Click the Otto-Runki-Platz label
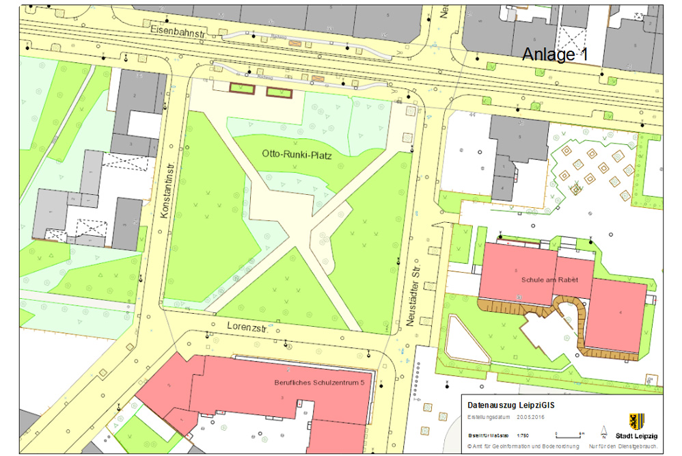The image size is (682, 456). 297,156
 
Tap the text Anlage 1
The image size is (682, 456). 555,55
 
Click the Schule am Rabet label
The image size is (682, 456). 549,280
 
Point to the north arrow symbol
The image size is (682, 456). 603,431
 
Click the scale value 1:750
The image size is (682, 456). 523,435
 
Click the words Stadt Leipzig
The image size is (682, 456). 636,435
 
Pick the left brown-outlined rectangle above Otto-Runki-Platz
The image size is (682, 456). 241,89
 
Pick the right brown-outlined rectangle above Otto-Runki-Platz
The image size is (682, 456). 278,92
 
